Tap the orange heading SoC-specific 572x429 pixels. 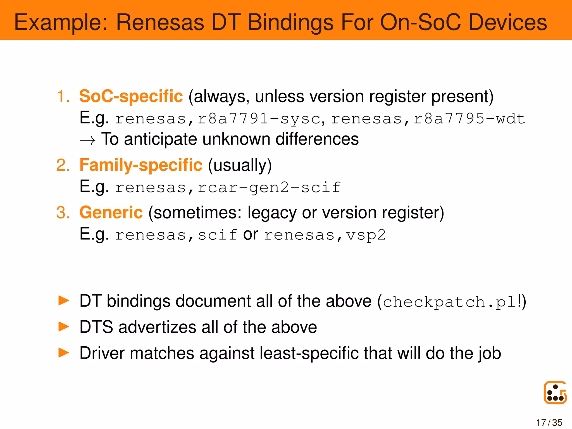[x=131, y=96]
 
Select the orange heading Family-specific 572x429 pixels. [x=141, y=165]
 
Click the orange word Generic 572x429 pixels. [x=111, y=213]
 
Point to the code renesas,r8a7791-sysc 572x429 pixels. [x=218, y=119]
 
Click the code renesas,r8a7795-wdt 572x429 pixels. [x=428, y=119]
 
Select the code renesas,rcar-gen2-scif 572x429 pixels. [x=228, y=187]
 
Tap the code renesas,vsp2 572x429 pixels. [x=325, y=235]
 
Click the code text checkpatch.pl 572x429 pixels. [x=449, y=302]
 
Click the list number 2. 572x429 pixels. [x=63, y=165]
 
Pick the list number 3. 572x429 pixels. [x=63, y=213]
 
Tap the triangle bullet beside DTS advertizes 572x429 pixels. [x=64, y=327]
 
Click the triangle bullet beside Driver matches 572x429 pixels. [x=64, y=353]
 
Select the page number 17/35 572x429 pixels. [x=549, y=422]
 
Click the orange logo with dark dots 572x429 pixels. [x=555, y=392]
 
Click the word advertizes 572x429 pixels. [x=157, y=327]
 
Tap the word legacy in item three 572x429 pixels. [x=272, y=213]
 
